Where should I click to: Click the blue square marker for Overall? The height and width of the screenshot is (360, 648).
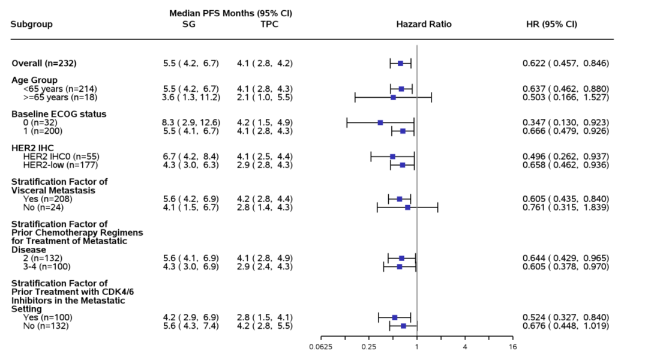(400, 63)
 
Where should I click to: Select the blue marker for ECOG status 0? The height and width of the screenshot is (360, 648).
(380, 122)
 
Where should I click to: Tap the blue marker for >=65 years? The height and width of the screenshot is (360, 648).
(393, 97)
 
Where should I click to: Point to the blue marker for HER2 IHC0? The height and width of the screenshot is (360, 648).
(392, 156)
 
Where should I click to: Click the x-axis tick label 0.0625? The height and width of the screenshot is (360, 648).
(320, 347)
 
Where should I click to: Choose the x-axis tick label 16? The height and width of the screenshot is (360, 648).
(512, 347)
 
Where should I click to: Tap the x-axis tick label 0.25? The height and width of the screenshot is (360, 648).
(368, 347)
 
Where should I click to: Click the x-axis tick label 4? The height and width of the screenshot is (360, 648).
(465, 347)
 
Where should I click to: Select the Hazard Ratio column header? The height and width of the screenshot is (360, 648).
(424, 25)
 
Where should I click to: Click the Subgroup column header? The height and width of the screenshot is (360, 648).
(32, 25)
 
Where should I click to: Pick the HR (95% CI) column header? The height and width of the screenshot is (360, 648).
(551, 25)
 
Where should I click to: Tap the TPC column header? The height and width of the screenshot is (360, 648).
(269, 25)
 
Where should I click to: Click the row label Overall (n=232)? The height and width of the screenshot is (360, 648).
(44, 63)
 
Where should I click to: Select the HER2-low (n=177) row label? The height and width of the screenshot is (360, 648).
(59, 164)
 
